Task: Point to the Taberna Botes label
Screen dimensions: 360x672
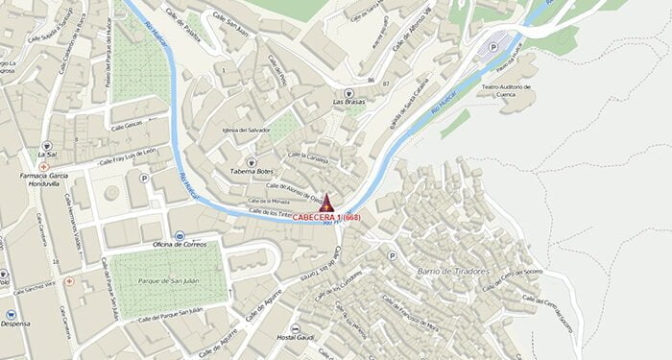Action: click(251, 172)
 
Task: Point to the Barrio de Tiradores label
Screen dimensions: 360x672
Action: click(453, 272)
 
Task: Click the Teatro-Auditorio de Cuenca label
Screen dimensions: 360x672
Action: click(504, 90)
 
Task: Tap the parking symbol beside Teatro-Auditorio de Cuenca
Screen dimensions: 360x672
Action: click(492, 46)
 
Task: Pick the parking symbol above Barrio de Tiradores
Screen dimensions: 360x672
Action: click(391, 256)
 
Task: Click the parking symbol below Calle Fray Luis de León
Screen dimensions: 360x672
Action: click(145, 179)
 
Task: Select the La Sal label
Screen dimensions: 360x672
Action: click(45, 155)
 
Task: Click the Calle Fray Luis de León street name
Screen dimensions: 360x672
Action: click(119, 158)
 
